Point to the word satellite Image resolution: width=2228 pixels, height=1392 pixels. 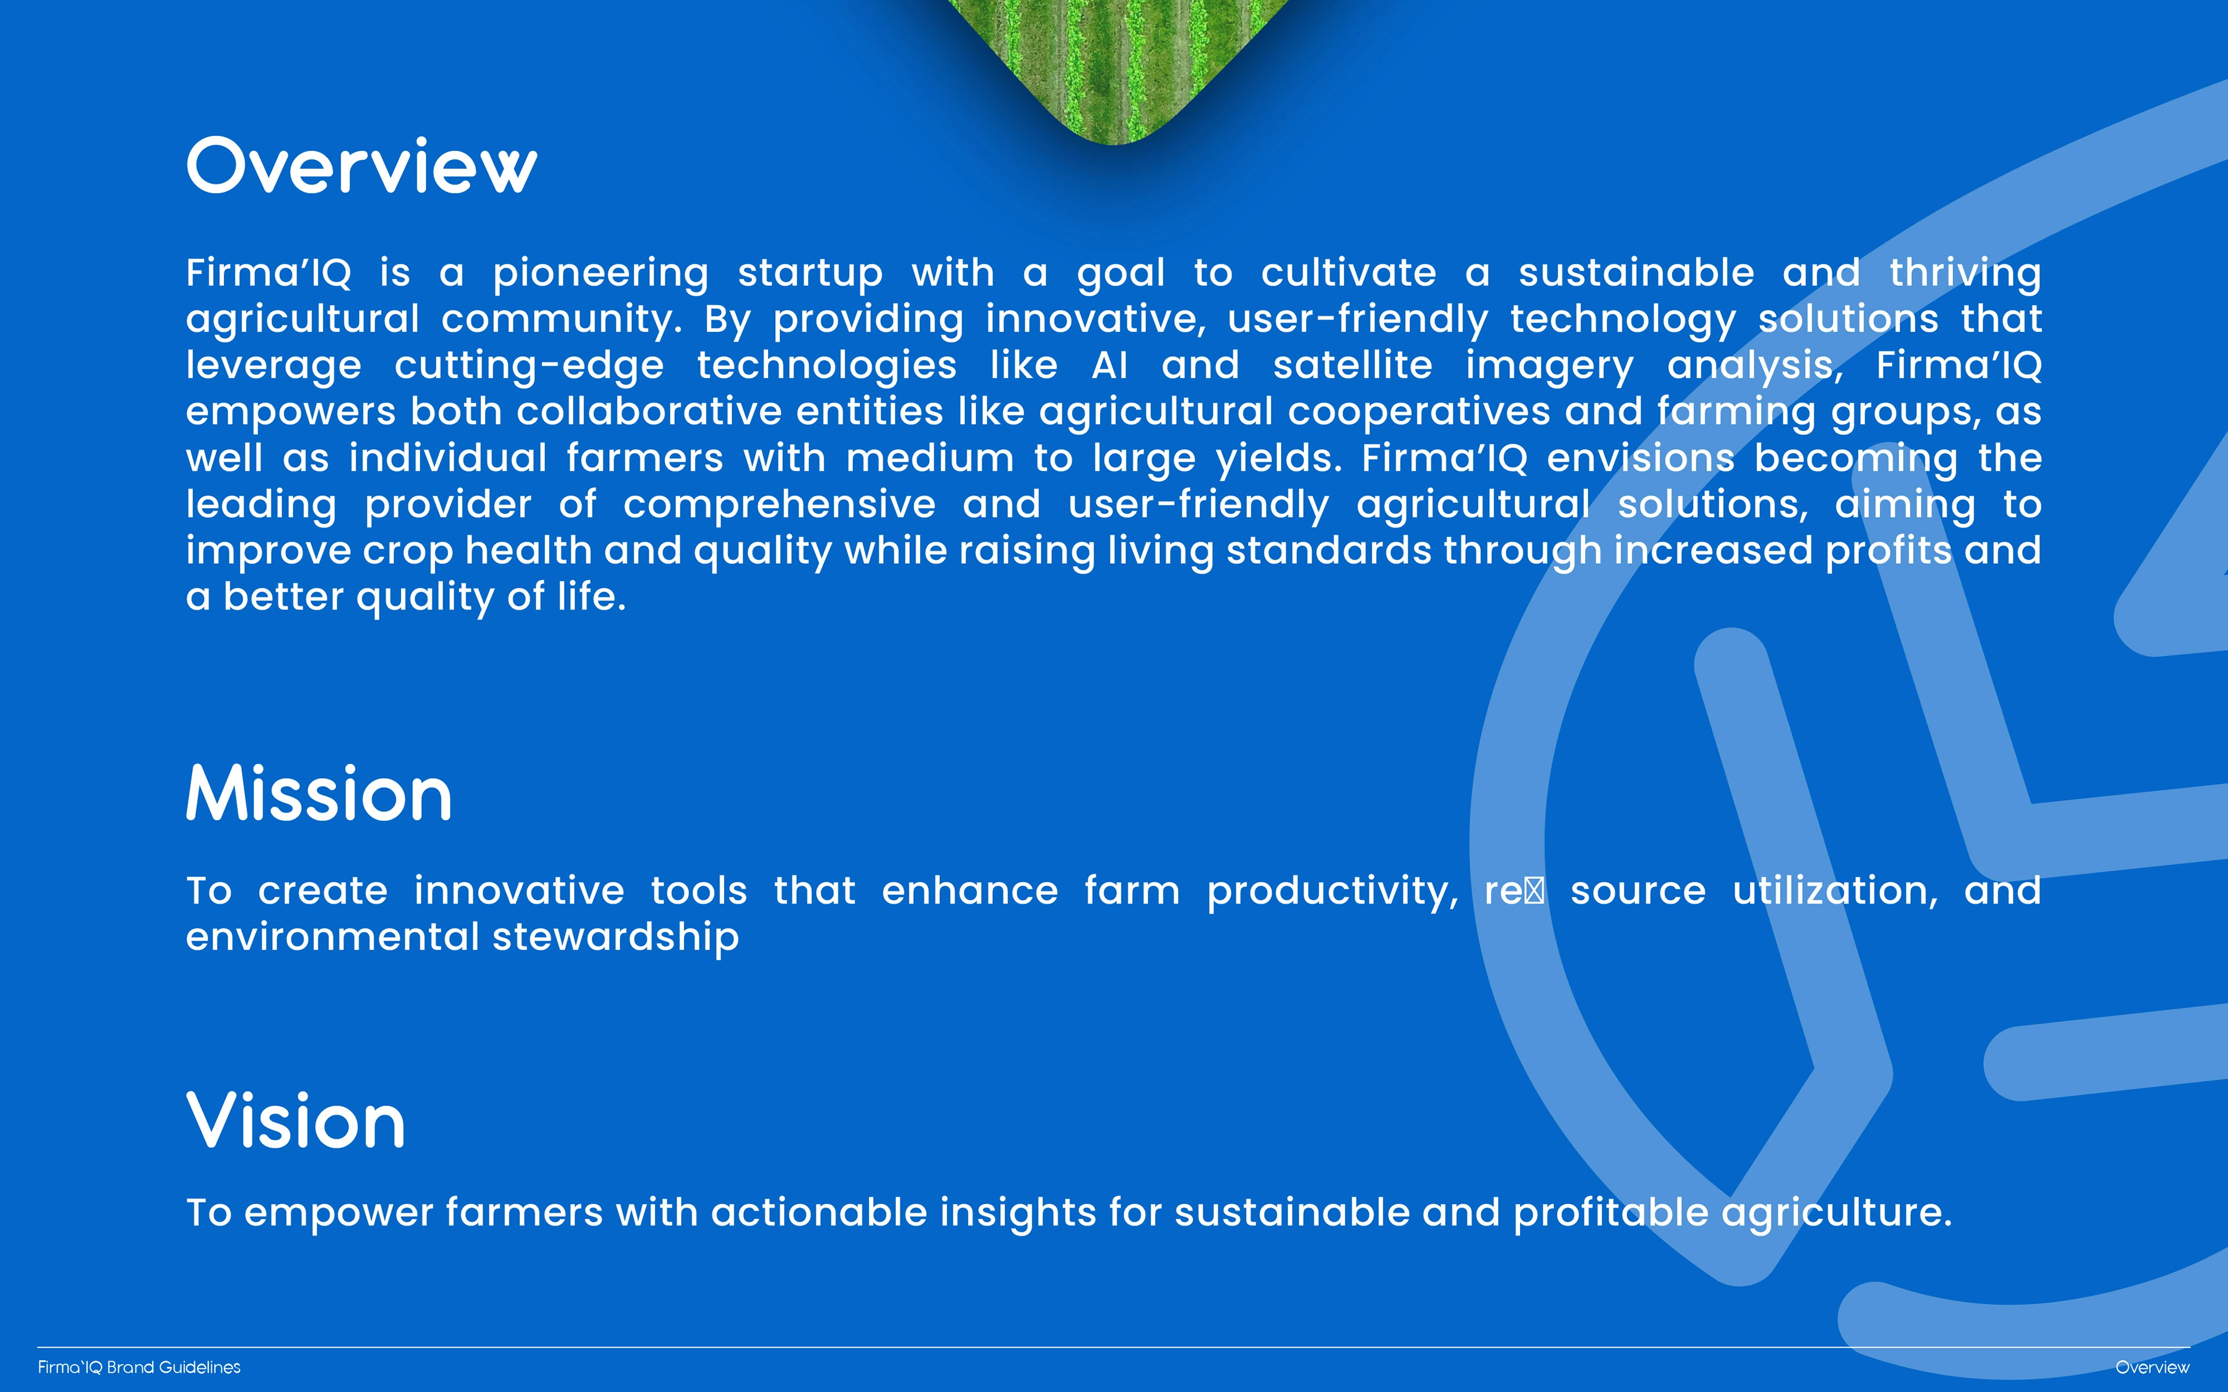click(1352, 365)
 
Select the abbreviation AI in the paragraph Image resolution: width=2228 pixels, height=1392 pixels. click(1109, 365)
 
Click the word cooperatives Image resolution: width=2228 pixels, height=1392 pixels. click(1419, 412)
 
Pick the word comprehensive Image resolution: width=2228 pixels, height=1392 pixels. click(779, 505)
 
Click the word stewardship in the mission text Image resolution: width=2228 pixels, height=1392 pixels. click(616, 938)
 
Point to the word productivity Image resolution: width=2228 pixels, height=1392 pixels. click(1332, 892)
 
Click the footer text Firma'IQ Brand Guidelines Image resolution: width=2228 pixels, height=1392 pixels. click(139, 1367)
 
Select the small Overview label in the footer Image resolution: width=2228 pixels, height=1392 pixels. click(2153, 1367)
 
